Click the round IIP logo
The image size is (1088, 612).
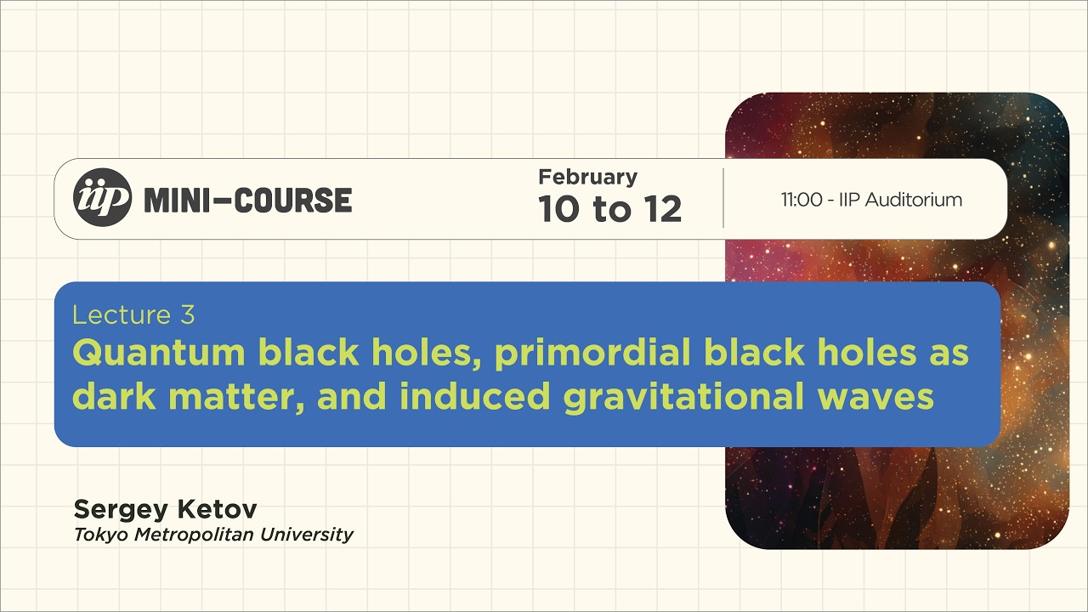point(103,197)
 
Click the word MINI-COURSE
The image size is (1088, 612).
point(248,201)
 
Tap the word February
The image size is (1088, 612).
point(587,177)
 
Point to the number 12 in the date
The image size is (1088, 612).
point(663,209)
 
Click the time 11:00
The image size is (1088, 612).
point(801,201)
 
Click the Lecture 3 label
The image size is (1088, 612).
point(133,315)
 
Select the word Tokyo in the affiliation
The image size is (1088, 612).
point(98,535)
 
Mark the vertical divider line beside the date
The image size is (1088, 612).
point(723,198)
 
